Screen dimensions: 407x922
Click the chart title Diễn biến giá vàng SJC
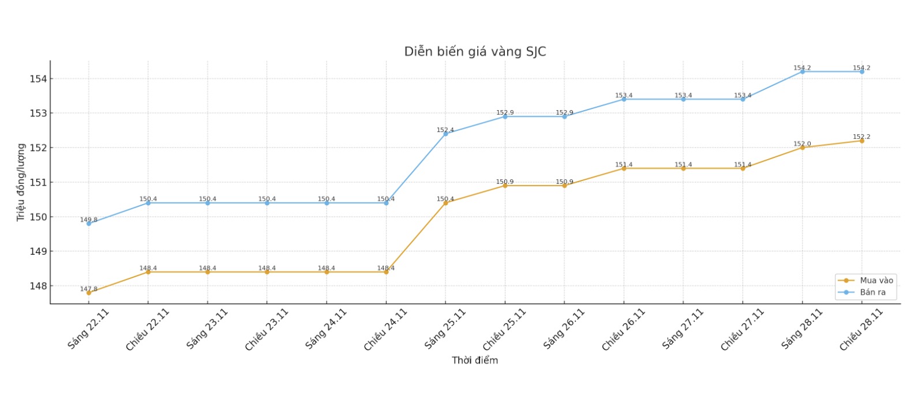pyautogui.click(x=474, y=52)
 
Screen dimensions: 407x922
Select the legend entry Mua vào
pyautogui.click(x=876, y=281)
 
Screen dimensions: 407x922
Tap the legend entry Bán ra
pyautogui.click(x=872, y=292)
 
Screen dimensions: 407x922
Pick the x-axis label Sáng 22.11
pyautogui.click(x=88, y=329)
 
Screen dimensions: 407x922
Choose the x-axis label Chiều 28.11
pyautogui.click(x=861, y=330)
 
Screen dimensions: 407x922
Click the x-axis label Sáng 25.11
pyautogui.click(x=445, y=329)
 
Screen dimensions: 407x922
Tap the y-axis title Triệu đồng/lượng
pyautogui.click(x=21, y=182)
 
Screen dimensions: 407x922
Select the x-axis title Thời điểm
pyautogui.click(x=474, y=360)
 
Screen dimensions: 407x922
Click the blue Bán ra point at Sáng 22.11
pyautogui.click(x=89, y=224)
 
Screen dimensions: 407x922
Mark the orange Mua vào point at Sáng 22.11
pyautogui.click(x=89, y=293)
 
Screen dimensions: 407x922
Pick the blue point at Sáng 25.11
pyautogui.click(x=445, y=134)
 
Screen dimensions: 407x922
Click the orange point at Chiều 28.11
pyautogui.click(x=862, y=141)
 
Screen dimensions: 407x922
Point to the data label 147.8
pyautogui.click(x=89, y=289)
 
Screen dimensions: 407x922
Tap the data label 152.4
pyautogui.click(x=445, y=130)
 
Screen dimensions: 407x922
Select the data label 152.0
pyautogui.click(x=802, y=144)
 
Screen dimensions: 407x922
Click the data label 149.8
pyautogui.click(x=89, y=220)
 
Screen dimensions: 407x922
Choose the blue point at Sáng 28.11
pyautogui.click(x=802, y=71)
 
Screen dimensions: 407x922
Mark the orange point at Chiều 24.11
pyautogui.click(x=386, y=272)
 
